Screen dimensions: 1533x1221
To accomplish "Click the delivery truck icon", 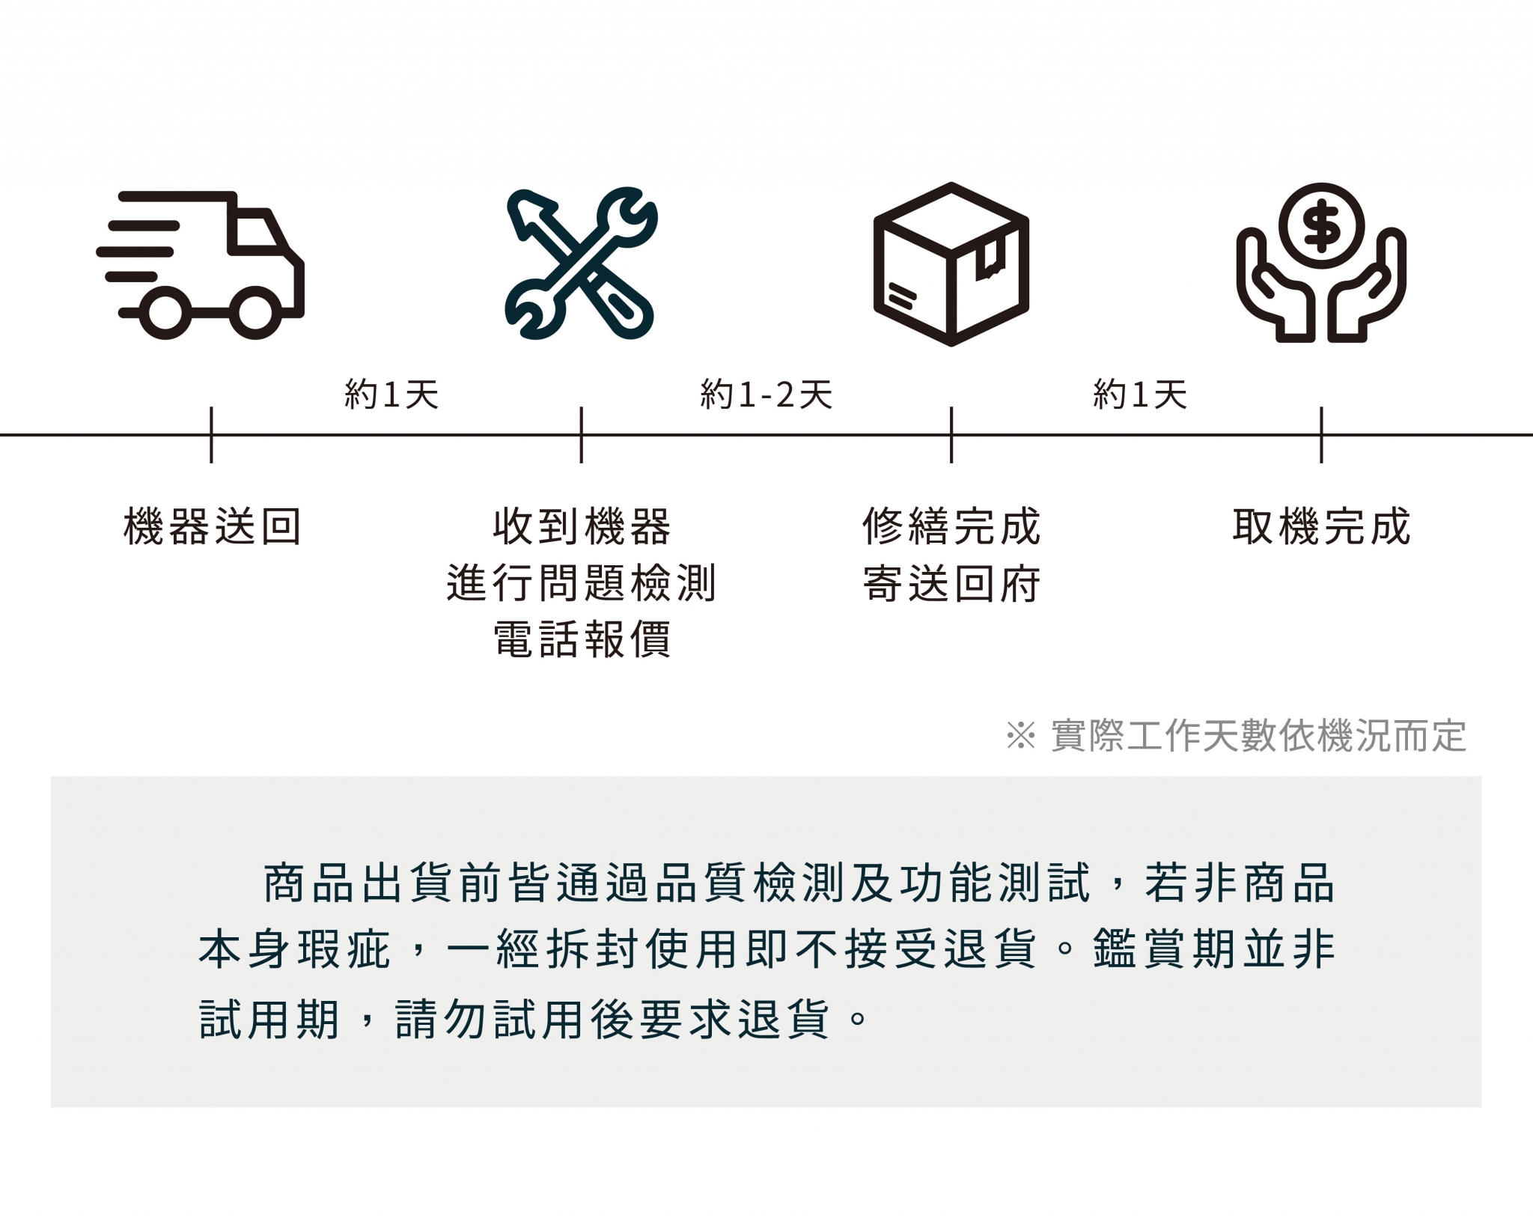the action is click(201, 265).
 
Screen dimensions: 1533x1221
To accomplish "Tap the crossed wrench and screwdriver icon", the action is click(581, 263).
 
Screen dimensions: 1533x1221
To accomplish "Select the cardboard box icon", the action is click(951, 264).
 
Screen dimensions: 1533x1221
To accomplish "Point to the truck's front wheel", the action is click(255, 312).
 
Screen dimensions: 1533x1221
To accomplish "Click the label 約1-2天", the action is click(766, 394).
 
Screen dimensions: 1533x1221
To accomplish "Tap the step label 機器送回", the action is click(212, 526).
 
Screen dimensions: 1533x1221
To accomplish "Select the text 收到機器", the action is click(582, 526).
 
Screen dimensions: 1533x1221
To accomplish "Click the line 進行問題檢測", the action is click(582, 583).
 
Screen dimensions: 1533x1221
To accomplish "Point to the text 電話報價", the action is click(582, 639).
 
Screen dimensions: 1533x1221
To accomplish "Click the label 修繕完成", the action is click(951, 526).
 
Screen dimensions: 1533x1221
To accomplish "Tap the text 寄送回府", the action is click(951, 583).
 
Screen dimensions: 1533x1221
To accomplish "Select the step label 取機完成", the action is click(1321, 526).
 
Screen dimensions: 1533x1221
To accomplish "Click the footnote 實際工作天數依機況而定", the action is click(1258, 735).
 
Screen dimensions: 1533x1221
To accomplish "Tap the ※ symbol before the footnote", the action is click(1020, 735).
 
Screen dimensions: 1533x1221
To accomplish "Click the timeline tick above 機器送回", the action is click(211, 435).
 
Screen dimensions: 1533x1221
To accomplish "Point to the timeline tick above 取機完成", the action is click(1321, 435).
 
